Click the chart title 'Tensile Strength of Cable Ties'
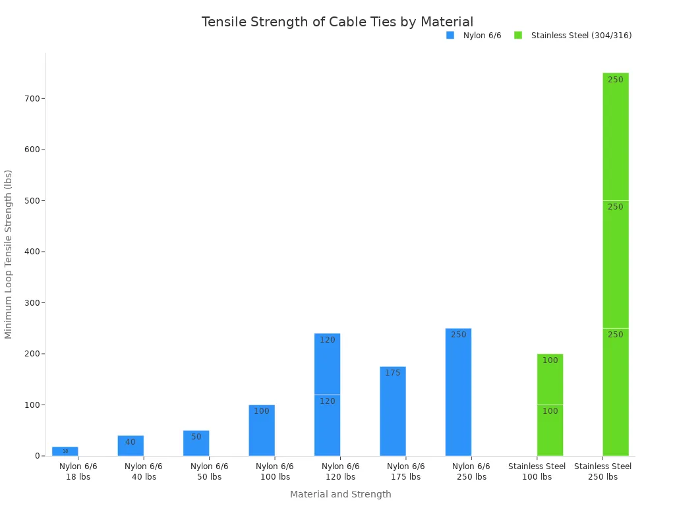[x=337, y=22]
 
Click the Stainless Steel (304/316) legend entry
[x=573, y=36]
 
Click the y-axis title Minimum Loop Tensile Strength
[x=9, y=254]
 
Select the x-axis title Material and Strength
[x=340, y=494]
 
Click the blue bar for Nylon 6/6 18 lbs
[x=65, y=451]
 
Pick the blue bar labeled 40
[x=131, y=446]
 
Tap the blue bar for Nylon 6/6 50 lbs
[x=196, y=443]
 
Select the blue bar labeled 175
[x=392, y=412]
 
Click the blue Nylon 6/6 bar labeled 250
[x=458, y=393]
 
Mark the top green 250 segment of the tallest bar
[x=615, y=137]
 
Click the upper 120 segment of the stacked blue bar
[x=327, y=364]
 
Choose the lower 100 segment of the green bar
[x=550, y=430]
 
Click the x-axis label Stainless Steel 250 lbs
[x=602, y=472]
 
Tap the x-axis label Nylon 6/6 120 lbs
[x=340, y=472]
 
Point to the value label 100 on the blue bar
[x=262, y=411]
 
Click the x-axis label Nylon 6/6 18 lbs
[x=78, y=472]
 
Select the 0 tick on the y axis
[x=38, y=456]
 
